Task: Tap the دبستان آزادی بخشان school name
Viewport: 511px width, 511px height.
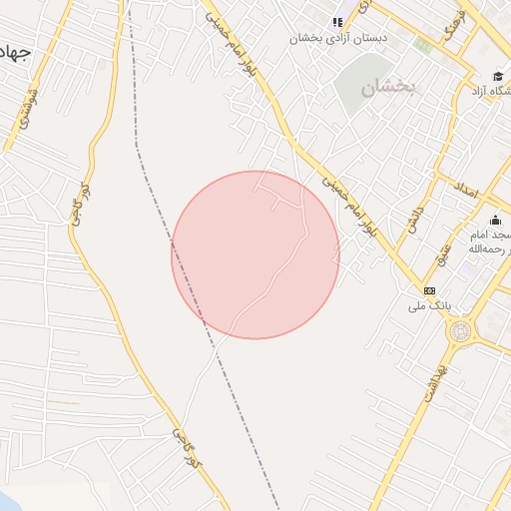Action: pos(338,39)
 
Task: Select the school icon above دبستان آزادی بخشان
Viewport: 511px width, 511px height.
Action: pos(337,21)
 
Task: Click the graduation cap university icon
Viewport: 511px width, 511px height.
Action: pos(497,76)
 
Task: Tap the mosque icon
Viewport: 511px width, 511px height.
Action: pos(495,221)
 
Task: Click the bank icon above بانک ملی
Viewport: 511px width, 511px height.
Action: pos(429,289)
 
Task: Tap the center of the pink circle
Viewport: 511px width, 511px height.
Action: pos(255,255)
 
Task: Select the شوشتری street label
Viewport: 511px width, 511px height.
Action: pos(26,111)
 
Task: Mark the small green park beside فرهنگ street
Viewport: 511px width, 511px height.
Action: pos(424,45)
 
